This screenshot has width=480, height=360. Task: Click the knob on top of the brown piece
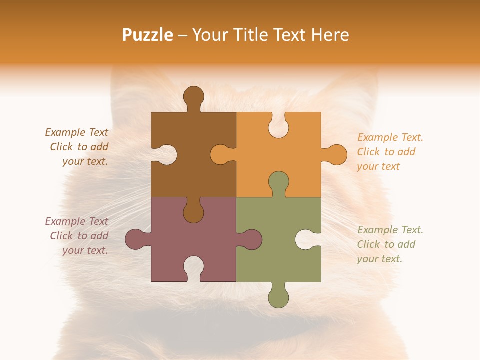pyautogui.click(x=193, y=96)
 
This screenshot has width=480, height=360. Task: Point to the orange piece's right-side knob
pyautogui.click(x=336, y=155)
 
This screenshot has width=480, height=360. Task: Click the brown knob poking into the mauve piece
pyautogui.click(x=193, y=212)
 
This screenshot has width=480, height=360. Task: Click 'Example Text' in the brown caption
pyautogui.click(x=76, y=132)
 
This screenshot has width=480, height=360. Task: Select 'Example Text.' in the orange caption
pyautogui.click(x=390, y=137)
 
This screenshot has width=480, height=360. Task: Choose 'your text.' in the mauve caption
pyautogui.click(x=85, y=250)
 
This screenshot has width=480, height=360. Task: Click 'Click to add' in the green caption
pyautogui.click(x=386, y=244)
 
